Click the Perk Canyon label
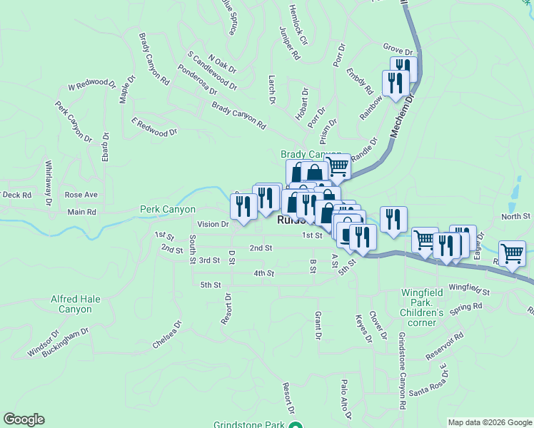click(x=168, y=210)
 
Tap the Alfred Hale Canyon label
click(x=81, y=305)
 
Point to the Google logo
click(x=24, y=419)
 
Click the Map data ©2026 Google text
click(x=489, y=422)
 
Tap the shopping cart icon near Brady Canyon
click(x=338, y=166)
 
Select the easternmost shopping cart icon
click(x=513, y=253)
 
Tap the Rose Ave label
click(x=81, y=195)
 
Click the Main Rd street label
click(x=81, y=212)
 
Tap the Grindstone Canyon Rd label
click(x=402, y=371)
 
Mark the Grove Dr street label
click(x=398, y=52)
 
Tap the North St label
click(x=516, y=216)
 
